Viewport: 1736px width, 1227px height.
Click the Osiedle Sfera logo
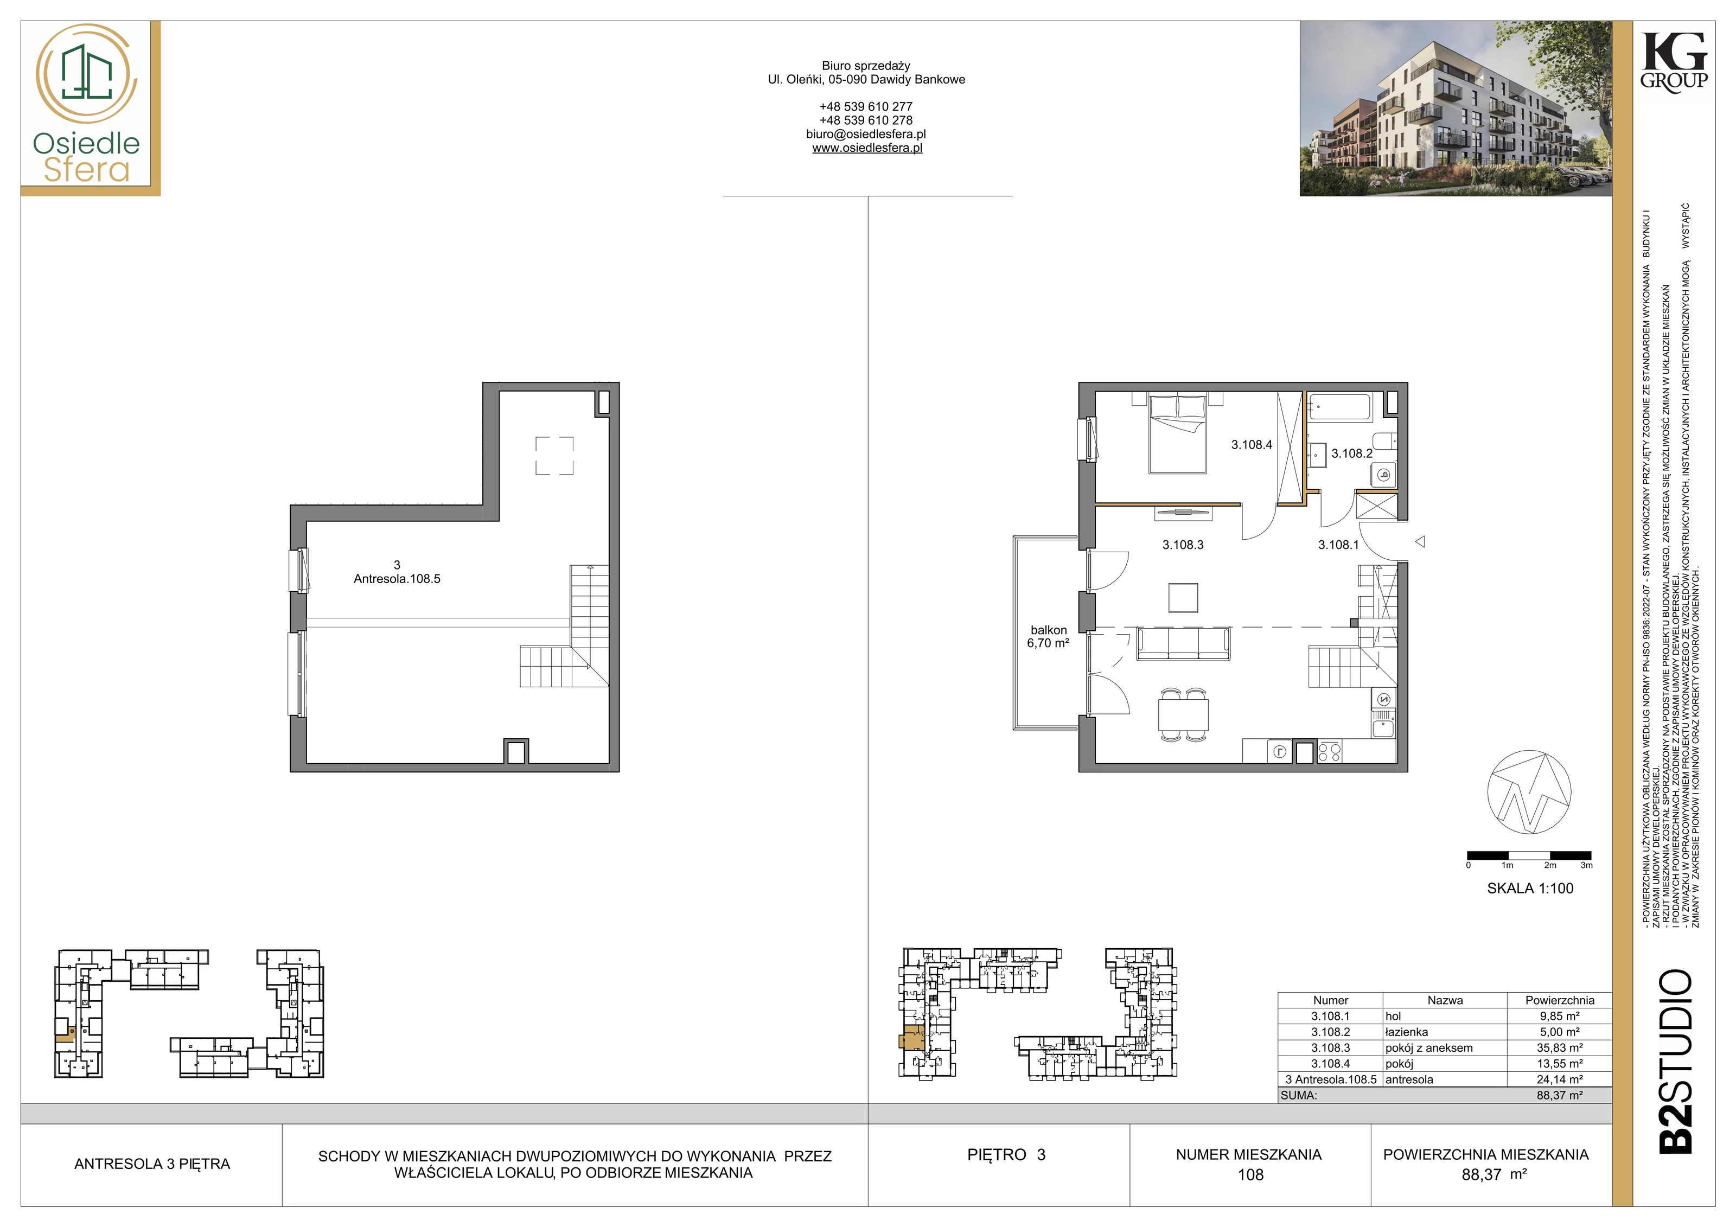pos(87,106)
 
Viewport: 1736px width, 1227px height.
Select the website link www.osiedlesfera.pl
pos(867,148)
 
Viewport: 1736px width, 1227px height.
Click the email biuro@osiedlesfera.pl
pos(866,134)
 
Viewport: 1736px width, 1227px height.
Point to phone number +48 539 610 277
pos(866,107)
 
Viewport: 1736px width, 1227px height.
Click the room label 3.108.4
pos(1252,445)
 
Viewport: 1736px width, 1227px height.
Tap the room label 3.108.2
pos(1352,453)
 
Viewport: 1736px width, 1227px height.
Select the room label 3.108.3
pos(1183,544)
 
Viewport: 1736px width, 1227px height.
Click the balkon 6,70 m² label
pos(1048,637)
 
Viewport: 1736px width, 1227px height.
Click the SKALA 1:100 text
pos(1530,889)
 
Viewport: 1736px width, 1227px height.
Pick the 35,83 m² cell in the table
pos(1559,1048)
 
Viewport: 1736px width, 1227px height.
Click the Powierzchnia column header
pos(1559,1000)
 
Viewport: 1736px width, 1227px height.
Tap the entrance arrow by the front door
pos(1420,541)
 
